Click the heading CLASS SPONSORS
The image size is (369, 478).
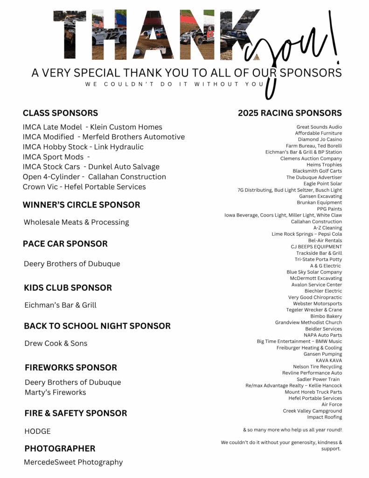(60, 113)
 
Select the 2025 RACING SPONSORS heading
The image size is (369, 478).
(290, 113)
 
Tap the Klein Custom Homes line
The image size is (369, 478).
(92, 127)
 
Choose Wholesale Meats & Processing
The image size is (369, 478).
(77, 222)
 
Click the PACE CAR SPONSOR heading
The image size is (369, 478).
(65, 244)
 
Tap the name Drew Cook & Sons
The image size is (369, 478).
(56, 343)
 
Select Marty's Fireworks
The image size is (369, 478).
(56, 392)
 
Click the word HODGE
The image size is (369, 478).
(37, 431)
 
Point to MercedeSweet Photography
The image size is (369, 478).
(73, 462)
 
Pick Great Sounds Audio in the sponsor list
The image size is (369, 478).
(319, 127)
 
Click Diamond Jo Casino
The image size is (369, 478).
(320, 140)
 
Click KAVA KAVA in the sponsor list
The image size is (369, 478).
(329, 360)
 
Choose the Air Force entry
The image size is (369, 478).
(332, 404)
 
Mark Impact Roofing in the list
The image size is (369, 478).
(324, 417)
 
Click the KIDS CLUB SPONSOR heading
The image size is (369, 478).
(68, 288)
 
